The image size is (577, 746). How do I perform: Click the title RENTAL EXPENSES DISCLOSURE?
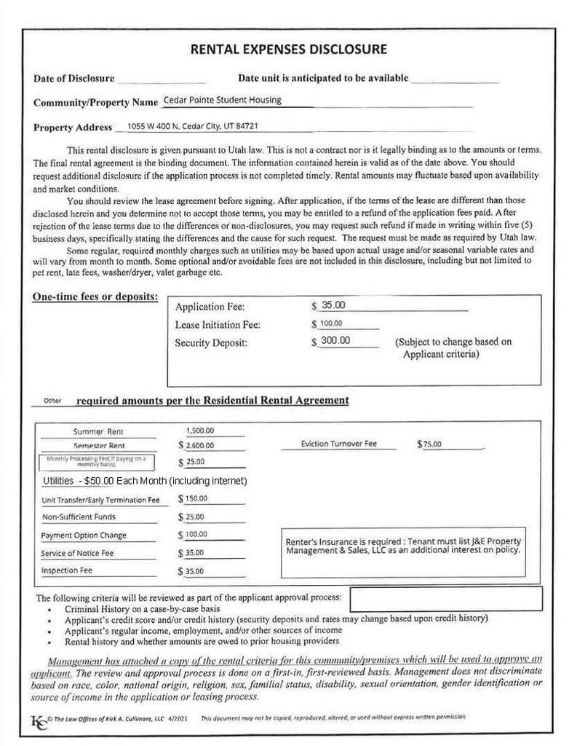tap(288, 50)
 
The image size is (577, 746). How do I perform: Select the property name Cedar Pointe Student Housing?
tap(223, 101)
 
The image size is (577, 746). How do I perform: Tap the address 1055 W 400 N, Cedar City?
tap(192, 126)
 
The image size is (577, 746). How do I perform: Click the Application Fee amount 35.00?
tap(333, 305)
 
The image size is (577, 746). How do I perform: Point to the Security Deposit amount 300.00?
tap(335, 340)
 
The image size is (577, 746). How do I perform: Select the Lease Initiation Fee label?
tap(218, 324)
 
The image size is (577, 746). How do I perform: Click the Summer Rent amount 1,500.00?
tap(200, 431)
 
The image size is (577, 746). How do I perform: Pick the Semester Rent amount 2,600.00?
tap(200, 445)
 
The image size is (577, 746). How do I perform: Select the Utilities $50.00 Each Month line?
tap(146, 482)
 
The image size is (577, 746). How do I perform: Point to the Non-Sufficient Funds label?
tap(79, 517)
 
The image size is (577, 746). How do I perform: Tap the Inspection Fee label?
tap(67, 570)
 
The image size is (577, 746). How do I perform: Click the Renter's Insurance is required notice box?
tap(402, 546)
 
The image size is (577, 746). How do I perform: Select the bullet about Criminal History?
tap(142, 608)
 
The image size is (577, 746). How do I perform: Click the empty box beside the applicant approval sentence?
tap(445, 599)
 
